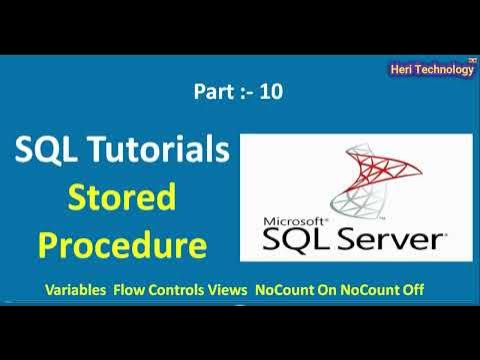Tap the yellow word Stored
pos(123,198)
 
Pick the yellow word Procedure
pos(123,243)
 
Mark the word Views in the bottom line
pos(231,290)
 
